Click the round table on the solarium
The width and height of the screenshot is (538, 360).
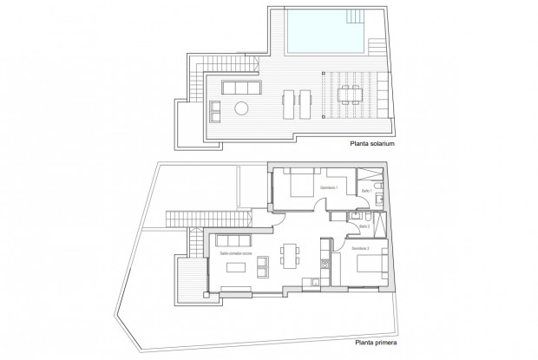click(243, 108)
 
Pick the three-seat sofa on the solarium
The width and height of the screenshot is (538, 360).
click(239, 88)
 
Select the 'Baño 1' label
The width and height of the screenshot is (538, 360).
click(367, 190)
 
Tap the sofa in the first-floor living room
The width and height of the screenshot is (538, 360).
click(233, 240)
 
